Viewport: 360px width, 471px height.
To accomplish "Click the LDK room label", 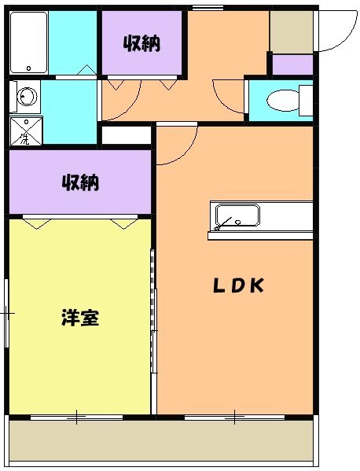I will coord(239,286).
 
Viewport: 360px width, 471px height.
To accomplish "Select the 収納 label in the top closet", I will coord(141,43).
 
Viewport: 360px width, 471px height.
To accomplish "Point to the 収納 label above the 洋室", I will coord(80,183).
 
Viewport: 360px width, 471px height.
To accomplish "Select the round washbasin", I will coord(27,98).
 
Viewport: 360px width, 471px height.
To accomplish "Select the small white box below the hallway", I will coord(126,134).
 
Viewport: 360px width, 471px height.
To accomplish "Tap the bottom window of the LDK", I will coord(223,416).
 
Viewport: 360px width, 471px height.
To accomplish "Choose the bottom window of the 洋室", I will coord(77,416).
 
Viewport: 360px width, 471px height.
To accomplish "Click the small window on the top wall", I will coord(206,7).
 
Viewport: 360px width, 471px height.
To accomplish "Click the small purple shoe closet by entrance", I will coord(292,64).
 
